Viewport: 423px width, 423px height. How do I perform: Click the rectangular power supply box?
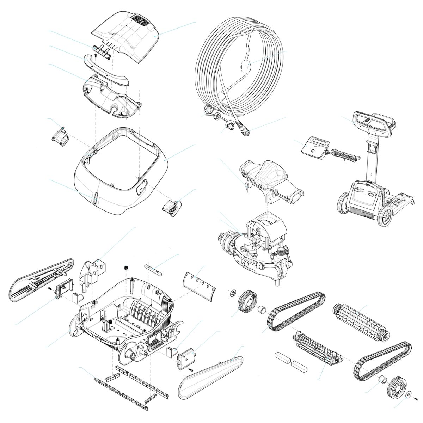(315, 148)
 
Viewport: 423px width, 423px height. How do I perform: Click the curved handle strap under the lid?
(106, 70)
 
